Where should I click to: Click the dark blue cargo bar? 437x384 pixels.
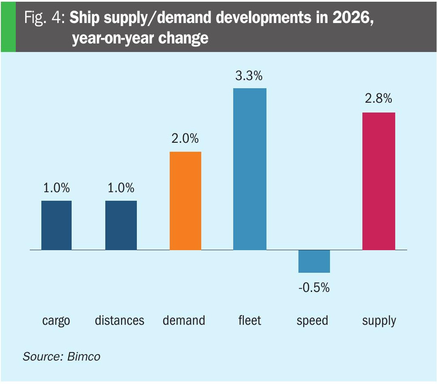(56, 225)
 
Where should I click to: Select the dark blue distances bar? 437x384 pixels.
(121, 225)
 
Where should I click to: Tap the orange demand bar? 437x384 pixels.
(185, 201)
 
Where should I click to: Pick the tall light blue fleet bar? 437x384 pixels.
(250, 169)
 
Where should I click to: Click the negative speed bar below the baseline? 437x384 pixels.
(314, 261)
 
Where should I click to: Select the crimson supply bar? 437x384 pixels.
(379, 181)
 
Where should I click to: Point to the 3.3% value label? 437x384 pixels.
(249, 77)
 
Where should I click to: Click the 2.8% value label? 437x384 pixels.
(378, 99)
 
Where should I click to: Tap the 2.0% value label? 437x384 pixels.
(185, 139)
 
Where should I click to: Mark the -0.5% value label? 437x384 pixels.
(314, 288)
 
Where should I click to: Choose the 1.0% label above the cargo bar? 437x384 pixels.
(56, 188)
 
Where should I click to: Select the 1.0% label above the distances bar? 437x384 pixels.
(121, 188)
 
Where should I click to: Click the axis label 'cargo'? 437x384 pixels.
(56, 320)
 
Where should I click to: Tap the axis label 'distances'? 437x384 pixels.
(120, 320)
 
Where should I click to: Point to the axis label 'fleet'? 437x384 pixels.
(250, 320)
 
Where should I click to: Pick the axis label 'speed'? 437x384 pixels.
(313, 321)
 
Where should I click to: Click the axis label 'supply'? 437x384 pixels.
(379, 321)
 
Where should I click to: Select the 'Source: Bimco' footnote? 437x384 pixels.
(62, 356)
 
